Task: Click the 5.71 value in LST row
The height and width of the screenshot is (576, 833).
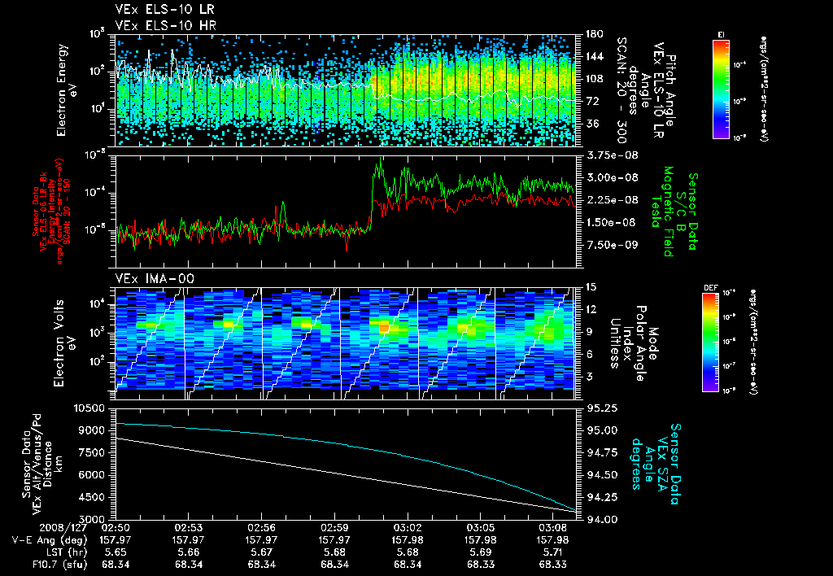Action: [x=553, y=551]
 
